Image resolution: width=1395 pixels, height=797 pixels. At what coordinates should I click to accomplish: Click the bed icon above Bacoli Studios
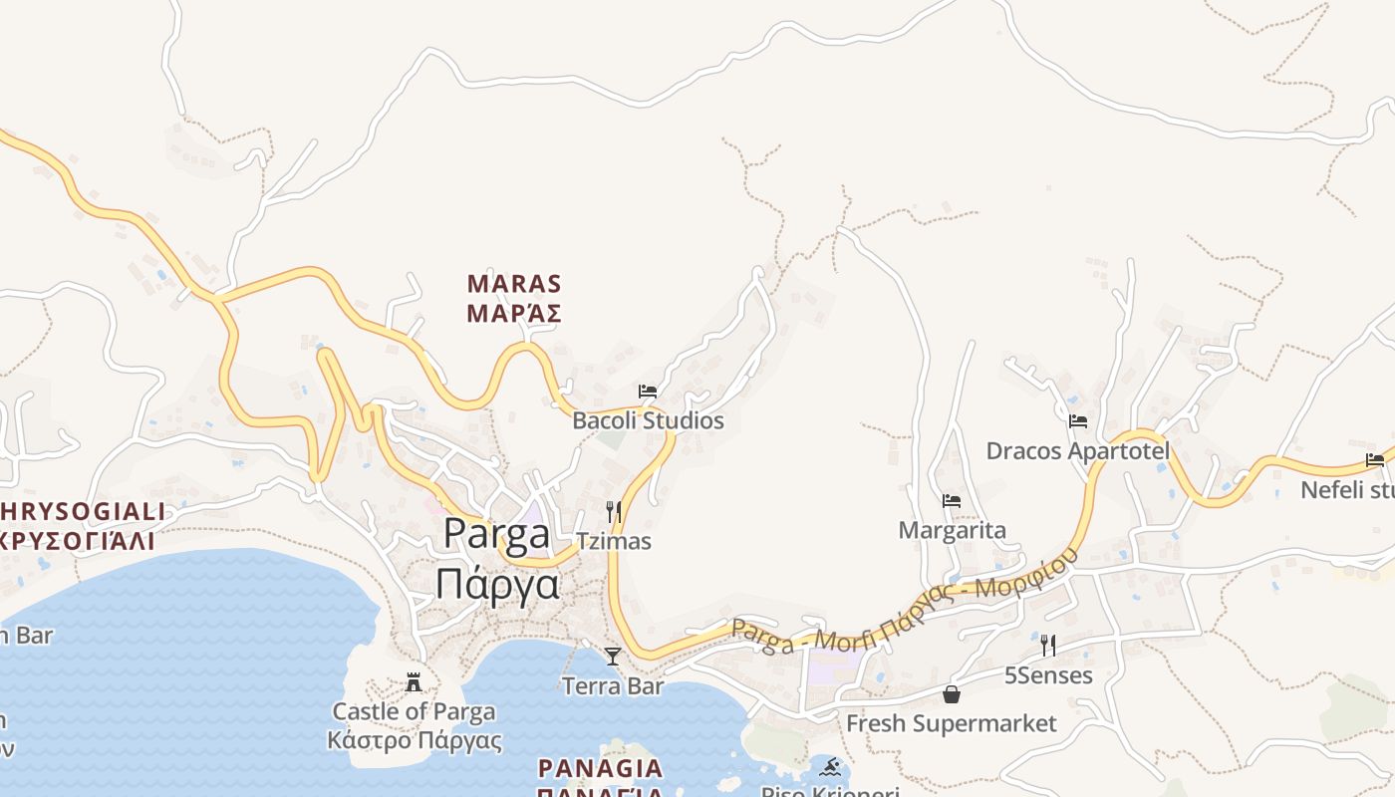click(648, 392)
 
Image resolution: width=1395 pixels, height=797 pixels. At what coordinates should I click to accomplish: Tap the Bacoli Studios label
click(648, 420)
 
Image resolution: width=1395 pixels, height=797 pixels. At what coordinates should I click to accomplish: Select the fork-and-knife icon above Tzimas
click(614, 512)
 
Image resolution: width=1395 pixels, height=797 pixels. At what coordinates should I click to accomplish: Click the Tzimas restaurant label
click(614, 541)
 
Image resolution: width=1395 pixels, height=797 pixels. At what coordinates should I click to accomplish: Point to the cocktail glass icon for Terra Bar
click(613, 657)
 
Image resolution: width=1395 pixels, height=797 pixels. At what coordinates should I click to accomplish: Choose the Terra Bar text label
click(613, 685)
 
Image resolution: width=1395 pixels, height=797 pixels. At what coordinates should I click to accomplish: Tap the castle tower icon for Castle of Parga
click(414, 682)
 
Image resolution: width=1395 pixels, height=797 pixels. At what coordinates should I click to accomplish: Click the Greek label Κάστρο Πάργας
click(414, 741)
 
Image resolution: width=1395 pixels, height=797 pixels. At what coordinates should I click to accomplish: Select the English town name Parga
click(496, 534)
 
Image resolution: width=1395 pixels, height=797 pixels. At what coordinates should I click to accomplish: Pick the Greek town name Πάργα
click(496, 584)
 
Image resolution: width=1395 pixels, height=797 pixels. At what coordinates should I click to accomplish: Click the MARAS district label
click(514, 284)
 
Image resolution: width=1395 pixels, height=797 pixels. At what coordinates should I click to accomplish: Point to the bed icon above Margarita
click(952, 501)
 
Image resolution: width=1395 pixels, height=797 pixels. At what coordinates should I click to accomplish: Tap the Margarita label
click(952, 530)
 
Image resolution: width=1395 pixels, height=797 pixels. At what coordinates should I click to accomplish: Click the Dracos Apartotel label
click(1078, 451)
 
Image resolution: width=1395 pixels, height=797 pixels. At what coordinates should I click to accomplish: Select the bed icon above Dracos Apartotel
click(1078, 421)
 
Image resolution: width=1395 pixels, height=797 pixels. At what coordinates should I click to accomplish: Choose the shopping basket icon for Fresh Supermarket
click(952, 694)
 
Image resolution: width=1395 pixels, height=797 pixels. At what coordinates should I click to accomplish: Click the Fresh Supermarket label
click(952, 723)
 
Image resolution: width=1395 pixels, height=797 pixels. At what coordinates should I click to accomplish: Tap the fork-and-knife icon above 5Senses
click(1048, 646)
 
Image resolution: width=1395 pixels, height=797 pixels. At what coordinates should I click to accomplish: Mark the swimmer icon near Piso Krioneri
click(831, 768)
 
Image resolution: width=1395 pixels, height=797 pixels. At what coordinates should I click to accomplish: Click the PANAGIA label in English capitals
click(600, 768)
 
